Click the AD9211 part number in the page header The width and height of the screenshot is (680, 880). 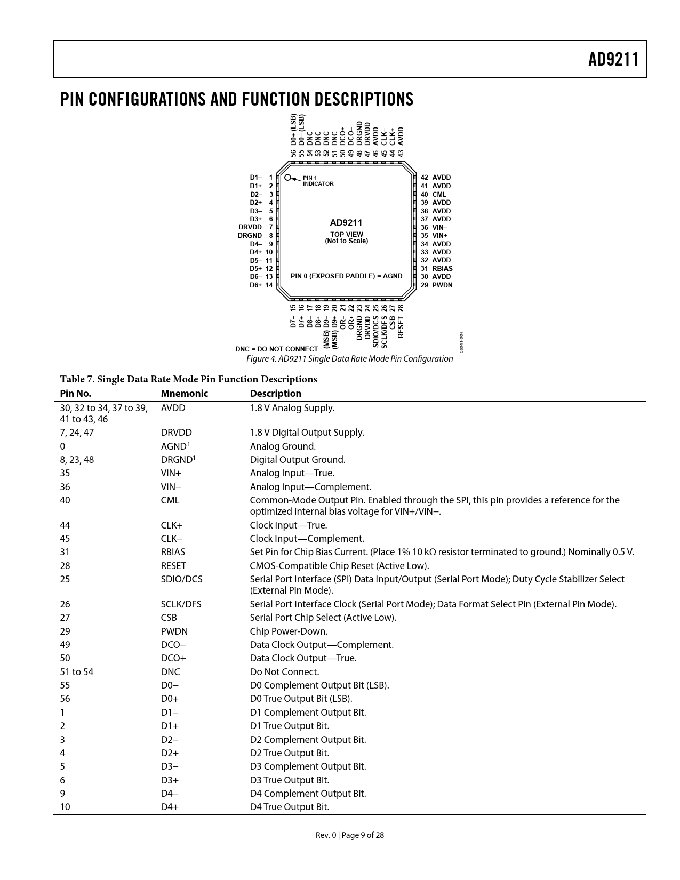(613, 59)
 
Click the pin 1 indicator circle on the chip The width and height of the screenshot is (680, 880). (288, 178)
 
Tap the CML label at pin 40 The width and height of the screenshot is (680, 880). (439, 194)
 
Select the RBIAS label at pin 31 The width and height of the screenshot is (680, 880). (442, 268)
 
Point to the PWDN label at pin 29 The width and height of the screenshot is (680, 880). (442, 285)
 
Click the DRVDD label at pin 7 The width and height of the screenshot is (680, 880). (250, 227)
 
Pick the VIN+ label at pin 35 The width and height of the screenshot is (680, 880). (439, 235)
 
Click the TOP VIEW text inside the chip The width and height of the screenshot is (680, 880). (347, 234)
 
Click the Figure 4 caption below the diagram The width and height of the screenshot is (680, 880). (349, 358)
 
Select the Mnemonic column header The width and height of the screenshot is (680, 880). (184, 394)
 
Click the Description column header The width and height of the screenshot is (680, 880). (275, 394)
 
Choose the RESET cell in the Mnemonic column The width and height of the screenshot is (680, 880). (173, 566)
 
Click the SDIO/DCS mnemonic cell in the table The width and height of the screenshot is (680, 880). (181, 579)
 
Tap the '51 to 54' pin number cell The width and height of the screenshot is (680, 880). (76, 672)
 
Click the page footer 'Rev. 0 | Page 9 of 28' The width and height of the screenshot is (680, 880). (349, 835)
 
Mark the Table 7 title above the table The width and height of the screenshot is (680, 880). (188, 379)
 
